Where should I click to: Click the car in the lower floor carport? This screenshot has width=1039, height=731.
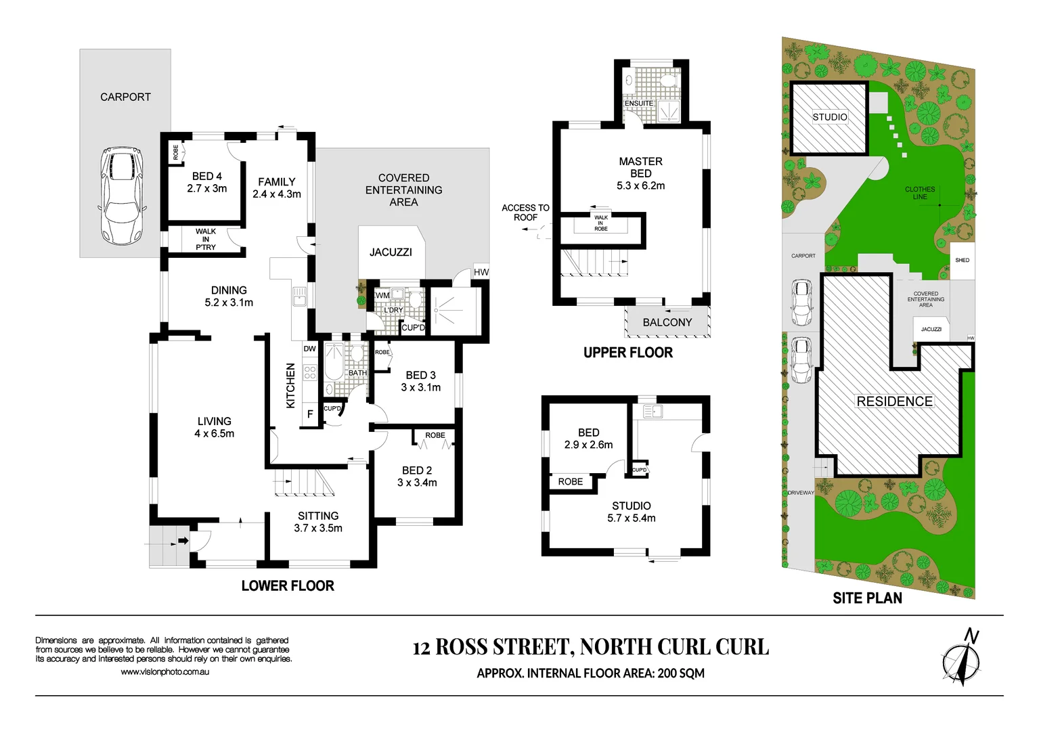tap(122, 196)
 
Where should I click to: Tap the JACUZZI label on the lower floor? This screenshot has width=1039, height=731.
tap(391, 252)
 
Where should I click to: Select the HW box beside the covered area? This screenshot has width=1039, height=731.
tap(481, 272)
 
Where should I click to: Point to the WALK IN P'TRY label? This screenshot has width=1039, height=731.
tap(206, 240)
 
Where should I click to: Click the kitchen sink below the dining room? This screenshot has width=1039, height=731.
tap(299, 296)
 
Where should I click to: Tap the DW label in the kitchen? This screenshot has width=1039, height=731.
tap(309, 349)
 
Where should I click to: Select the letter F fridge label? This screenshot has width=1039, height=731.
tap(310, 414)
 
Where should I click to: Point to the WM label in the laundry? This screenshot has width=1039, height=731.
tap(382, 295)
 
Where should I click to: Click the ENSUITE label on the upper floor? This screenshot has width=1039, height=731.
tap(639, 104)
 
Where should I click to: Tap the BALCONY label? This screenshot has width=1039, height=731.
tap(667, 323)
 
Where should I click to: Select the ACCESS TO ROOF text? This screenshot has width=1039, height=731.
tap(525, 213)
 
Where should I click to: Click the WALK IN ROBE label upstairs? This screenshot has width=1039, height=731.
tap(601, 223)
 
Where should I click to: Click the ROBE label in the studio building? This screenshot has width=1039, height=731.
tap(571, 482)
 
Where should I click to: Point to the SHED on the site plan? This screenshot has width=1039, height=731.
tap(962, 261)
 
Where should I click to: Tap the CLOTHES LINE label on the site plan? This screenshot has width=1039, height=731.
tap(920, 194)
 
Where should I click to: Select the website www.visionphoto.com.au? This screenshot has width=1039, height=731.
tap(164, 672)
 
